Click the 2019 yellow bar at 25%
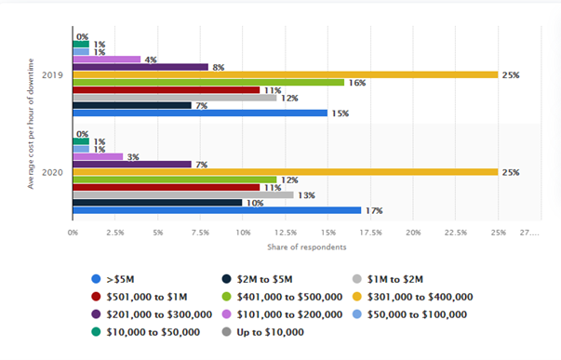pyautogui.click(x=286, y=74)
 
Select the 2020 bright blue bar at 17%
pyautogui.click(x=217, y=210)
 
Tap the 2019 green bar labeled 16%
pyautogui.click(x=208, y=83)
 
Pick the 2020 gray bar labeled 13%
pyautogui.click(x=183, y=195)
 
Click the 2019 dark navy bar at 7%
pyautogui.click(x=132, y=105)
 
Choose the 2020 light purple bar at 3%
pyautogui.click(x=98, y=156)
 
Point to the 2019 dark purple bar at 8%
pyautogui.click(x=140, y=67)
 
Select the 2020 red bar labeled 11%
pyautogui.click(x=167, y=188)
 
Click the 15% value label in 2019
pyautogui.click(x=341, y=113)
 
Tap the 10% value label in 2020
pyautogui.click(x=255, y=204)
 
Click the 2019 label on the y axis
pyautogui.click(x=52, y=75)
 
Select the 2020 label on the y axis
pyautogui.click(x=52, y=172)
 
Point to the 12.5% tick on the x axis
pyautogui.click(x=286, y=233)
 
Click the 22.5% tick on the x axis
pyautogui.click(x=456, y=233)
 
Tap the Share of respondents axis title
pyautogui.click(x=307, y=247)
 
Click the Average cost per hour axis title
pyautogui.click(x=31, y=124)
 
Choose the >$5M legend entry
pyautogui.click(x=114, y=279)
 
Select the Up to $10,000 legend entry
pyautogui.click(x=263, y=332)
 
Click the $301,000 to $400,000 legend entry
pyautogui.click(x=413, y=297)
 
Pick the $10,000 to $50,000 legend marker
pyautogui.click(x=96, y=332)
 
